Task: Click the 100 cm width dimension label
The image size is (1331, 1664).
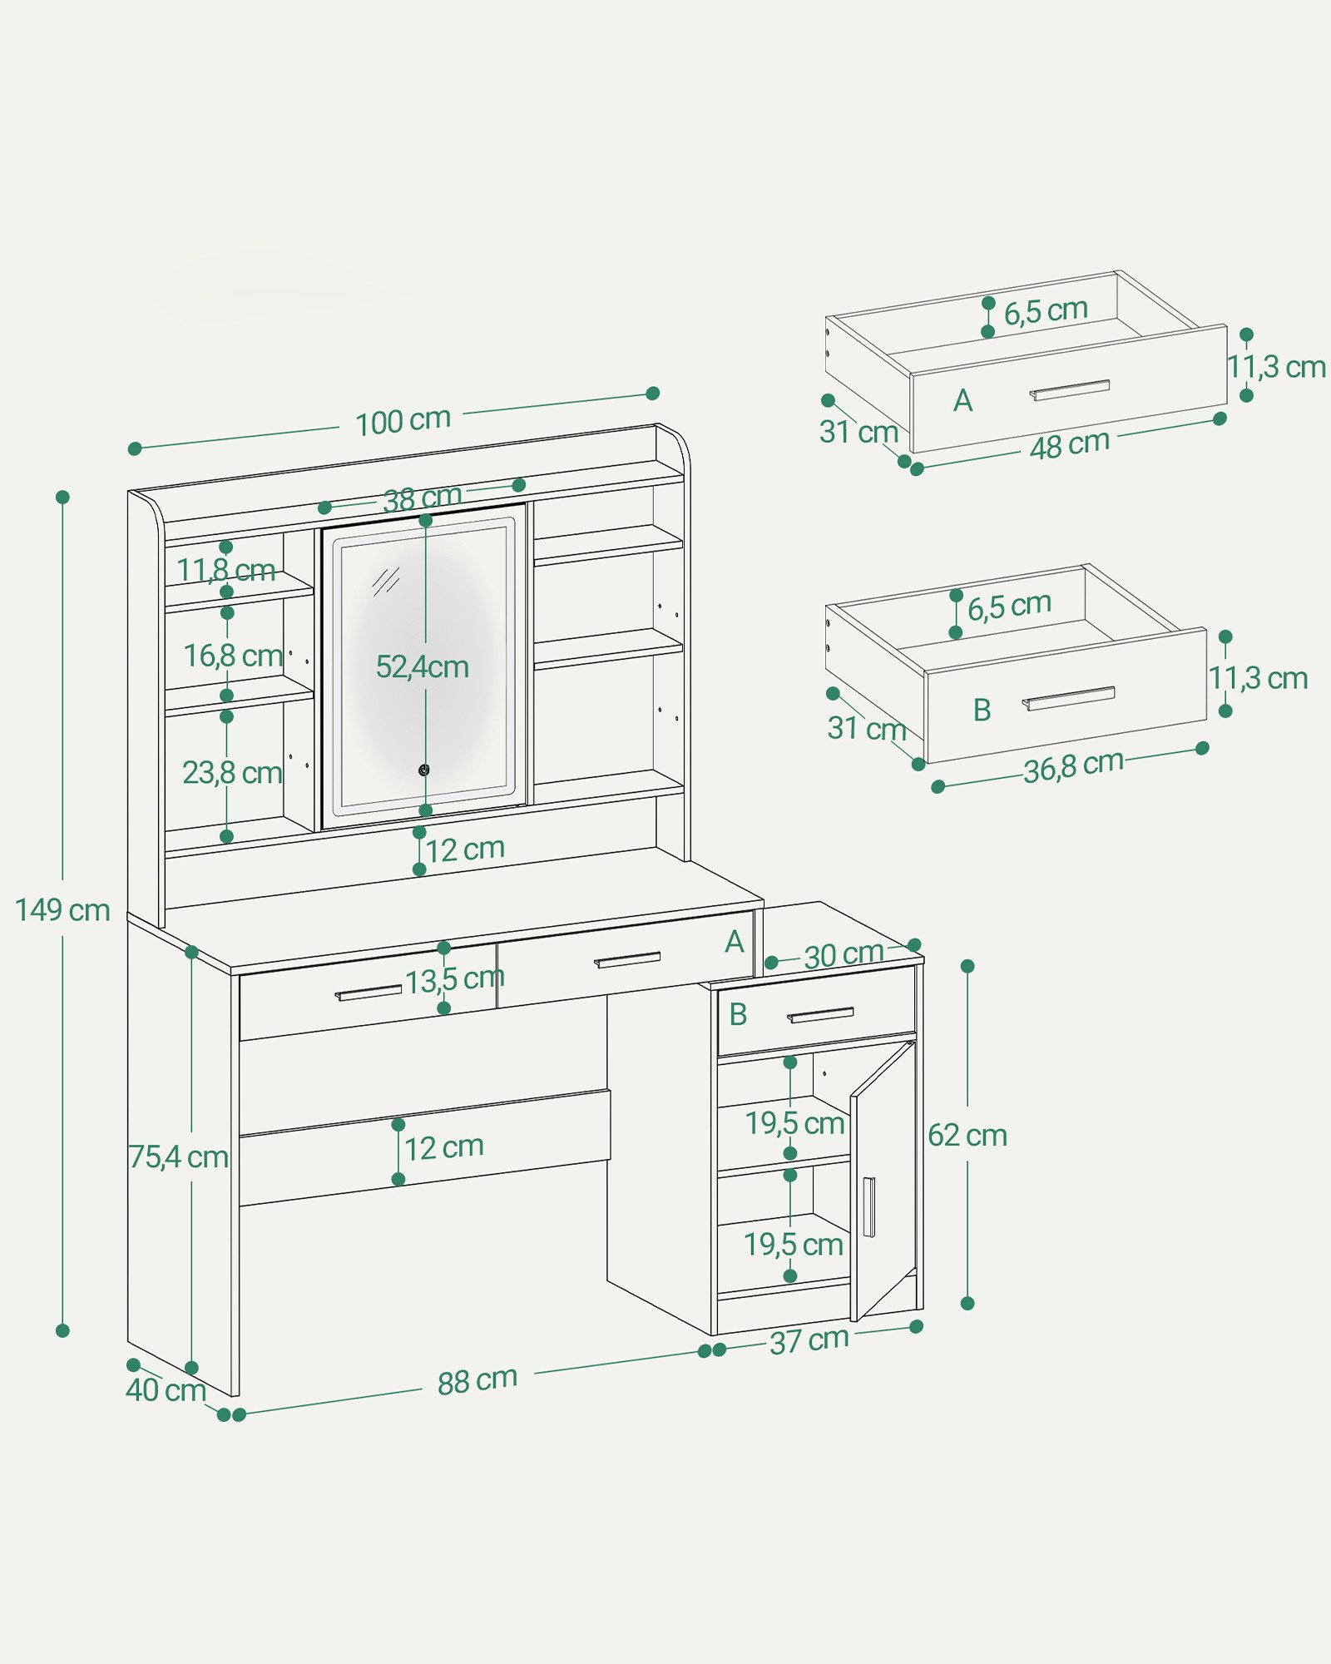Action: coord(403,421)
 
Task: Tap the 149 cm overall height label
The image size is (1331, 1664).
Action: coord(62,910)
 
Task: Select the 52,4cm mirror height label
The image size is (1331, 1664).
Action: coord(423,667)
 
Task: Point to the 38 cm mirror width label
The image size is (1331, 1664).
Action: coord(422,498)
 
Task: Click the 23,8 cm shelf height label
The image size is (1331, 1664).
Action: coord(232,773)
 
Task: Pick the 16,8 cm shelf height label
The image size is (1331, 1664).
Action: coord(233,656)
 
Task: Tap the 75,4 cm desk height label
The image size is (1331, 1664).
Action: coord(178,1156)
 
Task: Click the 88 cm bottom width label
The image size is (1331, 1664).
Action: coord(477,1380)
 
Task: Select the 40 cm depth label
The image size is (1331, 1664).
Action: coord(166,1390)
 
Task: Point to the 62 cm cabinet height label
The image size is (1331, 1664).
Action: coord(967,1136)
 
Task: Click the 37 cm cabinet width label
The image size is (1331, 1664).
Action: coord(809,1340)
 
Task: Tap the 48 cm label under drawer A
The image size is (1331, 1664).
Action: coord(1069,445)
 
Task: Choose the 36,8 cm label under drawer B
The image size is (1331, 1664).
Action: coord(1073,766)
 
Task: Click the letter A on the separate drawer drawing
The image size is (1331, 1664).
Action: coord(962,401)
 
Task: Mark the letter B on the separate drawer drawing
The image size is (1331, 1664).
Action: coord(982,710)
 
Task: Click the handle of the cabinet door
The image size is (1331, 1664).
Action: coord(868,1207)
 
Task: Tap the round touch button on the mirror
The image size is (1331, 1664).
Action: coord(424,770)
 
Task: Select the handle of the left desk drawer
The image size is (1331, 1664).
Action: coord(368,993)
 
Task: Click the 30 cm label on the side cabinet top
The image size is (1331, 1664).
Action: coord(843,955)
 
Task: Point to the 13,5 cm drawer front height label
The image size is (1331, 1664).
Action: coord(455,979)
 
